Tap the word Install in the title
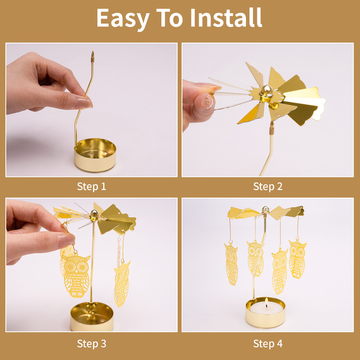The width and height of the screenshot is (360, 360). click(226, 17)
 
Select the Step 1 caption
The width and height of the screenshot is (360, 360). click(92, 187)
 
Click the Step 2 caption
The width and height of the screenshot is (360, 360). click(268, 187)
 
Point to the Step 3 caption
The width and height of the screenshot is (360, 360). click(92, 344)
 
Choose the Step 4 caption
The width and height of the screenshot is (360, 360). click(268, 344)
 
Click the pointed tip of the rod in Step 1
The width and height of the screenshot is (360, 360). click(92, 52)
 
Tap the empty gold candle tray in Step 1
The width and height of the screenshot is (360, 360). click(95, 155)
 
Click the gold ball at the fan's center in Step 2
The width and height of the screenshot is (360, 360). click(266, 90)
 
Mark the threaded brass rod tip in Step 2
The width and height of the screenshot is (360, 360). click(272, 128)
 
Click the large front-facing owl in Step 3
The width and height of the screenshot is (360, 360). click(76, 275)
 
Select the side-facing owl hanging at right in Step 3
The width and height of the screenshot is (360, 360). click(121, 283)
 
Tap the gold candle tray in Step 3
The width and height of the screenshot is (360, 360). click(92, 316)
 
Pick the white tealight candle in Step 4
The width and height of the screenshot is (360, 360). click(266, 308)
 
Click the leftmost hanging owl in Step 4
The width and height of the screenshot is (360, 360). click(232, 265)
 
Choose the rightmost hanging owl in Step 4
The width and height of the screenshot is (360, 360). click(298, 259)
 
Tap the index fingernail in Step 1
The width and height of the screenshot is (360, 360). click(83, 103)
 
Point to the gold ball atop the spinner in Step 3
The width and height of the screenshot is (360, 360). click(94, 214)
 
